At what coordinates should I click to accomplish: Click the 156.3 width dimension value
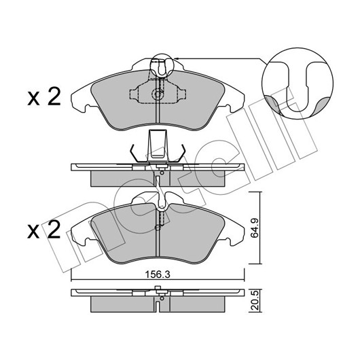click(x=158, y=274)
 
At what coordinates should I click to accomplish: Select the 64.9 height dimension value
click(x=255, y=228)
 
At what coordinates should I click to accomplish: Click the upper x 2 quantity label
click(x=44, y=97)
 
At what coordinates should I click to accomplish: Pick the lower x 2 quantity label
click(x=44, y=230)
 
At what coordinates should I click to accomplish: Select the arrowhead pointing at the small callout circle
click(x=176, y=58)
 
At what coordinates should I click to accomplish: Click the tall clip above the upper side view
click(x=158, y=146)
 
